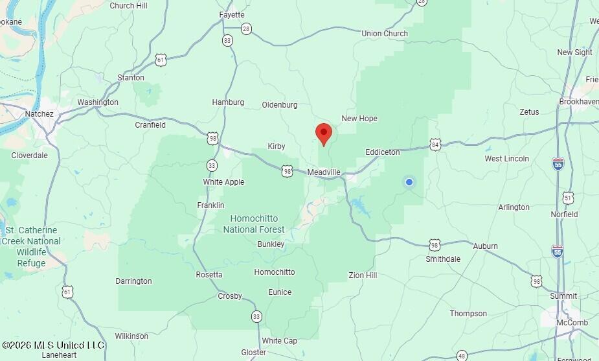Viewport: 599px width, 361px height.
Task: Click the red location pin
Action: point(324,133)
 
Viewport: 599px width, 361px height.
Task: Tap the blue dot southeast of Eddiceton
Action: point(409,182)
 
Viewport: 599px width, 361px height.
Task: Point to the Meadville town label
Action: point(324,172)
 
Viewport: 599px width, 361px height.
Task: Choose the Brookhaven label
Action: point(578,102)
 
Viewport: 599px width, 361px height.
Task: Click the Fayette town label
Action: point(232,15)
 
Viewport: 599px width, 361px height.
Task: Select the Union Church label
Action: point(385,34)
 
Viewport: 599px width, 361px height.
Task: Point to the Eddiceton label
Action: point(383,152)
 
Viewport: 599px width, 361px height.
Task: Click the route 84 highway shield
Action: point(435,145)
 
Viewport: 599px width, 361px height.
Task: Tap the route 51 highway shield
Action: point(568,197)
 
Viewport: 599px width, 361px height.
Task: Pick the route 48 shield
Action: point(461,355)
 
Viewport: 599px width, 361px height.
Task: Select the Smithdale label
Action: point(443,259)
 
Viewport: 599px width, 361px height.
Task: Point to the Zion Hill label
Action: point(363,275)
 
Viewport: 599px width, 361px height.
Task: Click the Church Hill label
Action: point(129,6)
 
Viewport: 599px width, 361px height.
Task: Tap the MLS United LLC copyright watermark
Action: point(53,345)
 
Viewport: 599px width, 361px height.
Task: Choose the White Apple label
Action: point(223,182)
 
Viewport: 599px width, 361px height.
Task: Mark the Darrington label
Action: point(133,281)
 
